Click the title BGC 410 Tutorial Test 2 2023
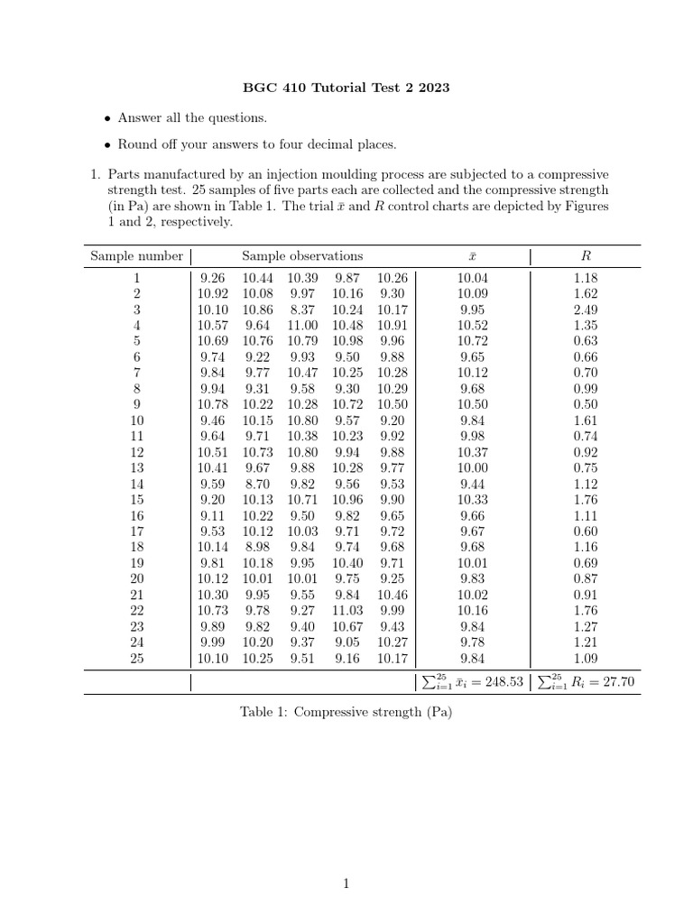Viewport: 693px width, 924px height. point(346,88)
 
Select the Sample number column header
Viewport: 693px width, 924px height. point(136,256)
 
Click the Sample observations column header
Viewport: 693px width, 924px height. point(302,256)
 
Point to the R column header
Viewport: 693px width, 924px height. point(586,256)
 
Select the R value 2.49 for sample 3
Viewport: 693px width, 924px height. point(586,310)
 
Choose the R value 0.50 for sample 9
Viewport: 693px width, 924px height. point(586,404)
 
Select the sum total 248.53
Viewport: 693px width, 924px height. point(504,682)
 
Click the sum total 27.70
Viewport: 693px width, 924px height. point(618,682)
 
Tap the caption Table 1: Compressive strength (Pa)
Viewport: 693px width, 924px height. point(346,712)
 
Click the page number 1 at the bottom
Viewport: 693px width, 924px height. point(346,884)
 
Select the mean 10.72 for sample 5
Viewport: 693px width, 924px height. point(472,342)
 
